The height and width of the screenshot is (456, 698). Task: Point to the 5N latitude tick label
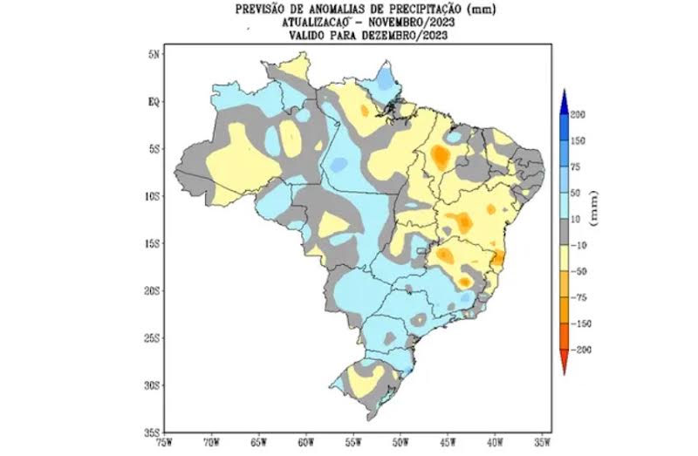[154, 54]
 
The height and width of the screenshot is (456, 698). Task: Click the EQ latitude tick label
[154, 101]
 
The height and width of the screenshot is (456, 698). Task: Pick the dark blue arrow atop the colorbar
[564, 98]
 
